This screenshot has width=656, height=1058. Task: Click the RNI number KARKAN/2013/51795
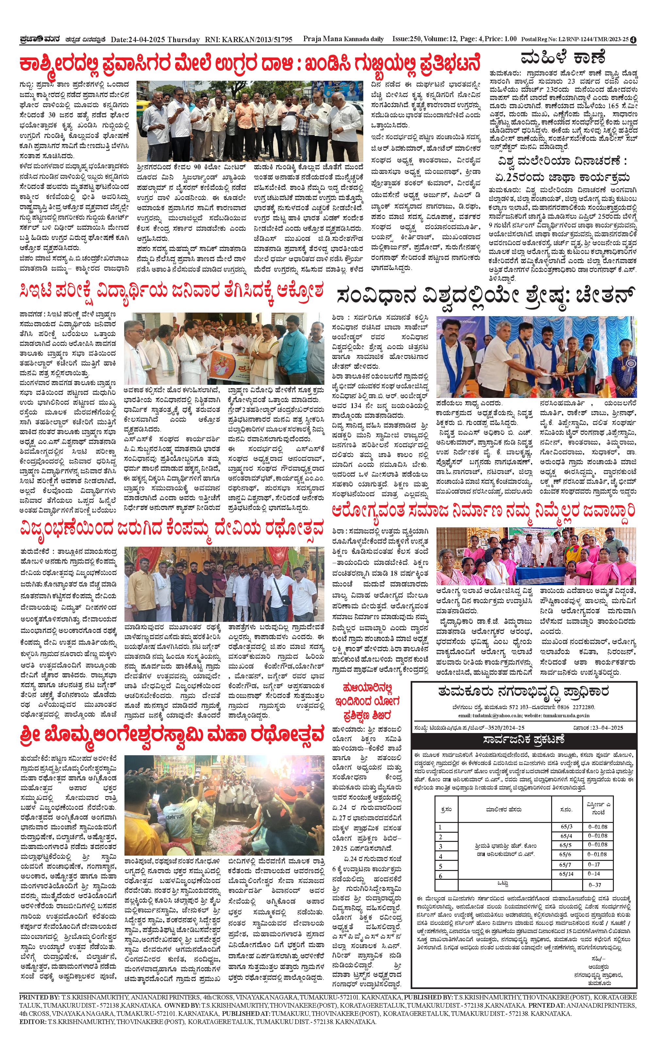pyautogui.click(x=257, y=40)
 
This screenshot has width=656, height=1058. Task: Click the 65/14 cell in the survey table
pyautogui.click(x=566, y=874)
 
